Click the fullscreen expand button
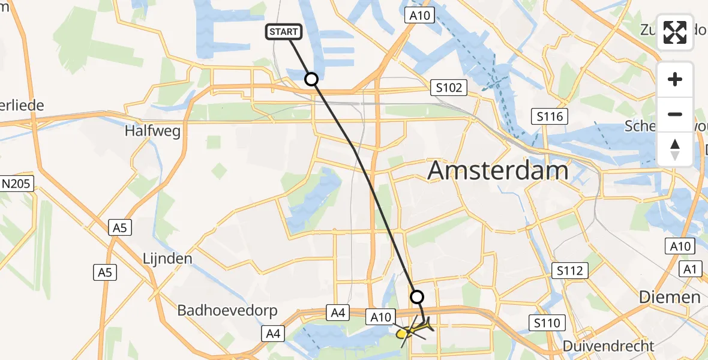[675, 32]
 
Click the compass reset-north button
[675, 149]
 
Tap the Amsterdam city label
[497, 171]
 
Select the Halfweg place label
[152, 131]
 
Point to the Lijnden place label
[167, 259]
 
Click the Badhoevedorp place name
[227, 310]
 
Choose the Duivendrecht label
[608, 346]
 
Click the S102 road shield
[449, 88]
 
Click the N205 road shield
[17, 184]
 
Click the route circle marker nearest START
[311, 79]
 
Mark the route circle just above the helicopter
[416, 296]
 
